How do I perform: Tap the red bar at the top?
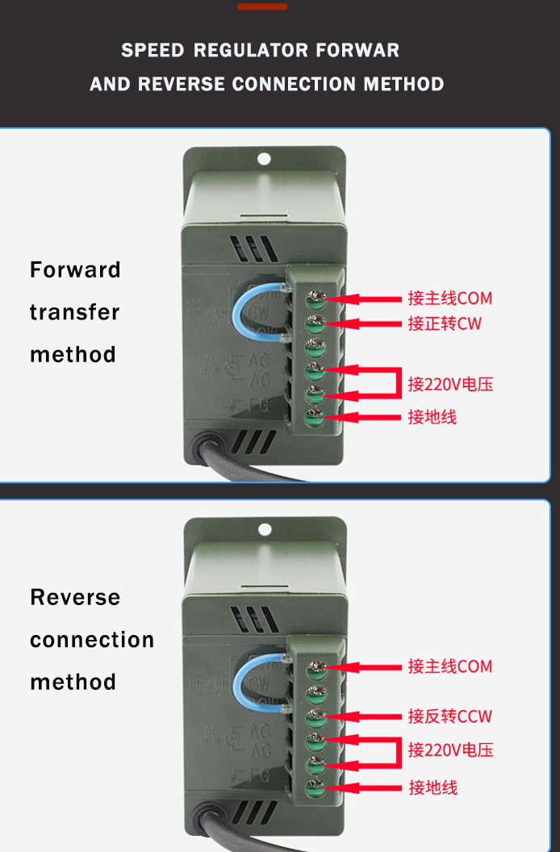262,6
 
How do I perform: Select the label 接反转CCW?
449,716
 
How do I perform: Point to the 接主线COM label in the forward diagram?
449,299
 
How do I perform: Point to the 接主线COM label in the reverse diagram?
449,666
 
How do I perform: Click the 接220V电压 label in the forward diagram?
450,384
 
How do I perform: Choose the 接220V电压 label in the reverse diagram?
450,750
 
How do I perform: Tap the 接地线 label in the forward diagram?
433,417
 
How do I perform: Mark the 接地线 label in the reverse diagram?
433,787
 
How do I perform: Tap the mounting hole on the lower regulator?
264,530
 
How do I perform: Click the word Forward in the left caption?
75,269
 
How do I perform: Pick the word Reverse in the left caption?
75,597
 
